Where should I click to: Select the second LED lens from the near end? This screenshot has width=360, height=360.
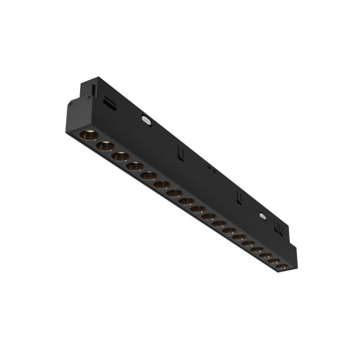[105, 145]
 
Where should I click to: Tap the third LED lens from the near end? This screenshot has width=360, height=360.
[120, 156]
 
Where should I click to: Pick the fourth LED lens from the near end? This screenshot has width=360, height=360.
[134, 166]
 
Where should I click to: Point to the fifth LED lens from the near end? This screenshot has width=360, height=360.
[149, 175]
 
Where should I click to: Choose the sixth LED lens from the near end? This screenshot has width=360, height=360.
[162, 184]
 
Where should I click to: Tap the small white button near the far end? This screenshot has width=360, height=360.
[263, 216]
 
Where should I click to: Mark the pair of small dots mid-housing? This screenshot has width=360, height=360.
[209, 167]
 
